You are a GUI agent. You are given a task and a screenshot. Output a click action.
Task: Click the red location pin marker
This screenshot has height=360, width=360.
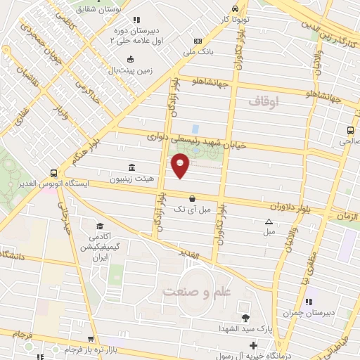[x=181, y=165]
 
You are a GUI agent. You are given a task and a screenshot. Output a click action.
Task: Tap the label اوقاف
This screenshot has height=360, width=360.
[x=264, y=103]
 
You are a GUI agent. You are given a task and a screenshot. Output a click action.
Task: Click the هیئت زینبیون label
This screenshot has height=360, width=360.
[x=131, y=179]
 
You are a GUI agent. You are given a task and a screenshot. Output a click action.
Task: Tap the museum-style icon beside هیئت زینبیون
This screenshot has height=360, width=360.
[x=132, y=167]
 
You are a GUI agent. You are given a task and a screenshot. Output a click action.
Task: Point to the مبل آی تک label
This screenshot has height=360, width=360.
[x=192, y=210]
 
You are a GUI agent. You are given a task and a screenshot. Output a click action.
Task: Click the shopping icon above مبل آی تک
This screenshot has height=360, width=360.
[x=192, y=198]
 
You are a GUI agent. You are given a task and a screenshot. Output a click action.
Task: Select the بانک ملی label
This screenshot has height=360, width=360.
[x=197, y=52]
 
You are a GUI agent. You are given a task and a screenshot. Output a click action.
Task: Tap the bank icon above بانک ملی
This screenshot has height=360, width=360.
[x=198, y=41]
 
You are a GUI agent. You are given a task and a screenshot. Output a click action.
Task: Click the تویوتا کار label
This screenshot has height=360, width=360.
[x=233, y=20]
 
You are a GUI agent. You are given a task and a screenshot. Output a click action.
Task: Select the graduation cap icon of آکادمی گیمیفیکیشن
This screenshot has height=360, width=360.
[x=100, y=226]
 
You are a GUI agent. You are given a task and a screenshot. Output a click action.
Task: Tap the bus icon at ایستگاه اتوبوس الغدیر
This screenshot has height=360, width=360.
[x=54, y=172]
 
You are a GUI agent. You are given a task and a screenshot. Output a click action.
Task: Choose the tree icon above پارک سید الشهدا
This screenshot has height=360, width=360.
[x=245, y=318]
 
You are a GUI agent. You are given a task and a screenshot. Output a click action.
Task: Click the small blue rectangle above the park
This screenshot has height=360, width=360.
[x=195, y=129]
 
